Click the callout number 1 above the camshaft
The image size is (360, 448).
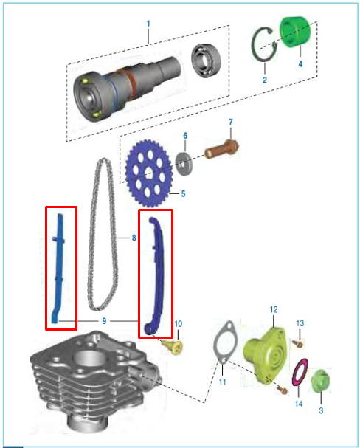[x=148, y=24]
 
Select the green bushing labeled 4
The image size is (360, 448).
[x=294, y=32]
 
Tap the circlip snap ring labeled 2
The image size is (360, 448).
[x=264, y=44]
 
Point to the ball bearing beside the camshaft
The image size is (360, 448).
[x=206, y=61]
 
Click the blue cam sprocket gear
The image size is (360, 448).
[x=148, y=173]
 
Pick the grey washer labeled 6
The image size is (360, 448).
[x=184, y=164]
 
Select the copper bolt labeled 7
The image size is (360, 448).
[x=222, y=148]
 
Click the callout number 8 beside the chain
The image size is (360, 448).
[x=134, y=238]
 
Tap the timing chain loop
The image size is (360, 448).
[x=103, y=234]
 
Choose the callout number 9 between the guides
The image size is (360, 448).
[x=104, y=321]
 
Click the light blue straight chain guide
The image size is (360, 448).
[x=59, y=268]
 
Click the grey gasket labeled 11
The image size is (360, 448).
[x=226, y=343]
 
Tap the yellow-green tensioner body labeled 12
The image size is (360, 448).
[x=265, y=355]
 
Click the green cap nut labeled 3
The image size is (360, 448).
[x=320, y=382]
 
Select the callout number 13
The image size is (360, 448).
[x=300, y=323]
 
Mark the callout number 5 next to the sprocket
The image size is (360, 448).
[x=183, y=193]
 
